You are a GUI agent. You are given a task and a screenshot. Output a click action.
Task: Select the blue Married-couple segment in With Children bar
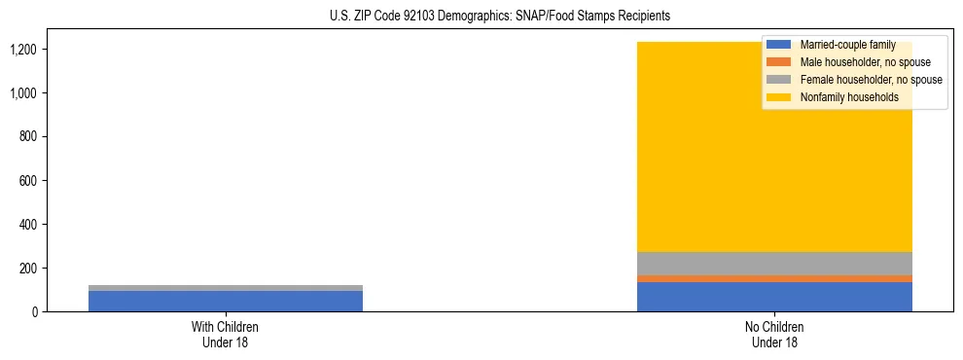[x=226, y=301]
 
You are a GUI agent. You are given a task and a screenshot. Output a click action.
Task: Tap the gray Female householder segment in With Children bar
[x=226, y=288]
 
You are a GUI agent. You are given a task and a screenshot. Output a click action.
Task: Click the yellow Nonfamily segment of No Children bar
[x=681, y=156]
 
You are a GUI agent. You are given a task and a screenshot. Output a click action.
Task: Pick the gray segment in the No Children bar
[x=774, y=264]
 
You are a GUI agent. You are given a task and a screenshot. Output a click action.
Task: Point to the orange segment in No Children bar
[x=774, y=278]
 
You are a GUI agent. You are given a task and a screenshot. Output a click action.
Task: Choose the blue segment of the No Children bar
[x=774, y=297]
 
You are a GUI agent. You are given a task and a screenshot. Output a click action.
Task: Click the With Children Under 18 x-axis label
[x=226, y=334]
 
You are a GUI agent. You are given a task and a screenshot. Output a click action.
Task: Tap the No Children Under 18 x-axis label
[x=774, y=334]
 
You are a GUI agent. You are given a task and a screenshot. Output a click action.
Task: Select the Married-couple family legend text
[x=847, y=45]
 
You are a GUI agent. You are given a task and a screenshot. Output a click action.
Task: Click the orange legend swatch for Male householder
[x=779, y=62]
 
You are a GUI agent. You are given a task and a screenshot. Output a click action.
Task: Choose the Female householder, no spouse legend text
[x=872, y=80]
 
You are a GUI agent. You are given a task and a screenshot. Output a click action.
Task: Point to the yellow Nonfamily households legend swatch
[x=779, y=97]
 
